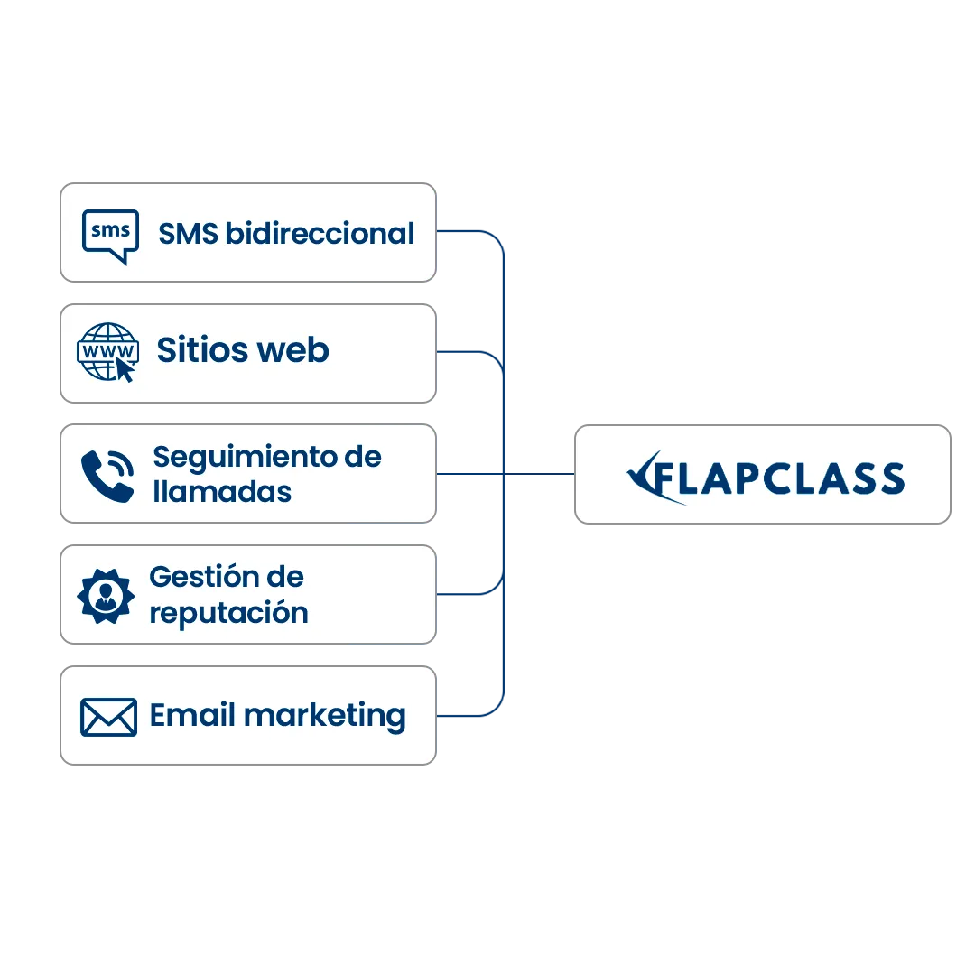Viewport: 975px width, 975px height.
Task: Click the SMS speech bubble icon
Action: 110,236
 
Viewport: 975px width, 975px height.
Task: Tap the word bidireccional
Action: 319,233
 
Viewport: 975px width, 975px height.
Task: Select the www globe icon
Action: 107,351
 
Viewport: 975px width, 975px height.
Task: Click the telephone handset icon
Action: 107,475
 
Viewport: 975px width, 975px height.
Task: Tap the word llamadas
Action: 222,492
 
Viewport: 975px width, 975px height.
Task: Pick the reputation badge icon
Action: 106,595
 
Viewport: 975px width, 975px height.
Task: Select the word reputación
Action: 228,613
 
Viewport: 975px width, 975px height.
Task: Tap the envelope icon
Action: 108,717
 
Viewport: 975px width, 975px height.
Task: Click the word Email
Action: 193,715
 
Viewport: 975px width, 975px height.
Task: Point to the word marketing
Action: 325,717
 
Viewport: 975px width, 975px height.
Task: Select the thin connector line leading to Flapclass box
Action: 538,472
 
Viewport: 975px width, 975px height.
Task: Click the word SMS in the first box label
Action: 188,233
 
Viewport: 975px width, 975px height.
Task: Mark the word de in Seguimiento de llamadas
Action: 363,457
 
